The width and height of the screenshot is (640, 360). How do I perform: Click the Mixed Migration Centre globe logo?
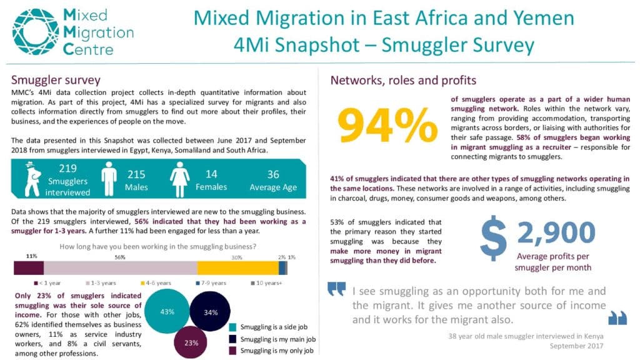[36, 32]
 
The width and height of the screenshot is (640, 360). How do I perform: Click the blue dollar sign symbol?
[494, 238]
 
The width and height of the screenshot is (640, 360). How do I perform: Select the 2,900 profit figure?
[556, 232]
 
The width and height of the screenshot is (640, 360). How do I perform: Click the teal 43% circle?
[167, 311]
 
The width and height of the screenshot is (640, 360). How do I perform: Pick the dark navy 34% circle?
[210, 312]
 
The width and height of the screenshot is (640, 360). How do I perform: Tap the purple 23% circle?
[191, 342]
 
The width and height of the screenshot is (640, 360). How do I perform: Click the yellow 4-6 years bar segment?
[238, 268]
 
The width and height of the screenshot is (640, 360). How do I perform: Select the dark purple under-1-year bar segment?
[29, 268]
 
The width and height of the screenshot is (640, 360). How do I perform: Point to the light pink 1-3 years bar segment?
[121, 268]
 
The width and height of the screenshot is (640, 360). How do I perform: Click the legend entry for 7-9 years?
[211, 283]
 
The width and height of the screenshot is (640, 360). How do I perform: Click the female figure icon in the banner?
[179, 179]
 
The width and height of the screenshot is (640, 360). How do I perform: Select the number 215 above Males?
[136, 175]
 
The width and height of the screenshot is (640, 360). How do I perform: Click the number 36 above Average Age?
[273, 174]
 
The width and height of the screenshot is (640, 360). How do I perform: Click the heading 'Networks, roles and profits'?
[403, 81]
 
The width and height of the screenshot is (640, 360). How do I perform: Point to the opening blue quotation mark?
[336, 289]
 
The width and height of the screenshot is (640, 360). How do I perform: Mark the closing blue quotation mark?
[617, 318]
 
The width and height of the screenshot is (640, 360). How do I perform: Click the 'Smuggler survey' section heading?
[56, 79]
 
